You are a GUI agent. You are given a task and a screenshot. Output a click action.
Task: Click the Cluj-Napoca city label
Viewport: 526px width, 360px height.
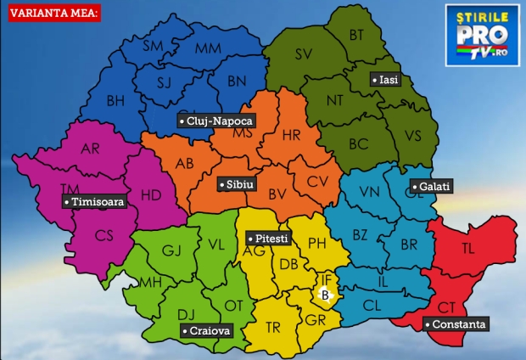[215, 121]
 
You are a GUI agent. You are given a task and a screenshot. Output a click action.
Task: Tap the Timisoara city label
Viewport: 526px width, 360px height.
[94, 202]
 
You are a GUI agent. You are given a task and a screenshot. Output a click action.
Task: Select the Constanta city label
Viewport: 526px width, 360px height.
[457, 324]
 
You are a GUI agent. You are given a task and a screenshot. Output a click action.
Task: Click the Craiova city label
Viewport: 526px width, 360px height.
[206, 331]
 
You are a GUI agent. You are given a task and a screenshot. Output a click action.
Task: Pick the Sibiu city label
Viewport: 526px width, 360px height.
[235, 184]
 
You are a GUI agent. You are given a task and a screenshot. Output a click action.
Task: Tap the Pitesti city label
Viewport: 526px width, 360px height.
[266, 239]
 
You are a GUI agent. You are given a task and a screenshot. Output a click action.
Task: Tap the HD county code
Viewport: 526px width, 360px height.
[150, 194]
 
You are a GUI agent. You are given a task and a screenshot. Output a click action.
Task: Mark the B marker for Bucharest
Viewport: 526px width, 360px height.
[324, 295]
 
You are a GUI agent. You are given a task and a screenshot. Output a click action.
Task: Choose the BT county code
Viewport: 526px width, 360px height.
[356, 34]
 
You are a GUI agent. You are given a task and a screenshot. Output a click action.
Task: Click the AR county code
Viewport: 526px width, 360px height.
[90, 149]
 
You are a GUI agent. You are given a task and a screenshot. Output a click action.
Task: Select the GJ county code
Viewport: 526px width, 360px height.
[172, 250]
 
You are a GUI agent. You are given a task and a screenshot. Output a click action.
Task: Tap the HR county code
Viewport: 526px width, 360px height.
[291, 135]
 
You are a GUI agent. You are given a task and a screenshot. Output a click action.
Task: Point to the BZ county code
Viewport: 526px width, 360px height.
[360, 233]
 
